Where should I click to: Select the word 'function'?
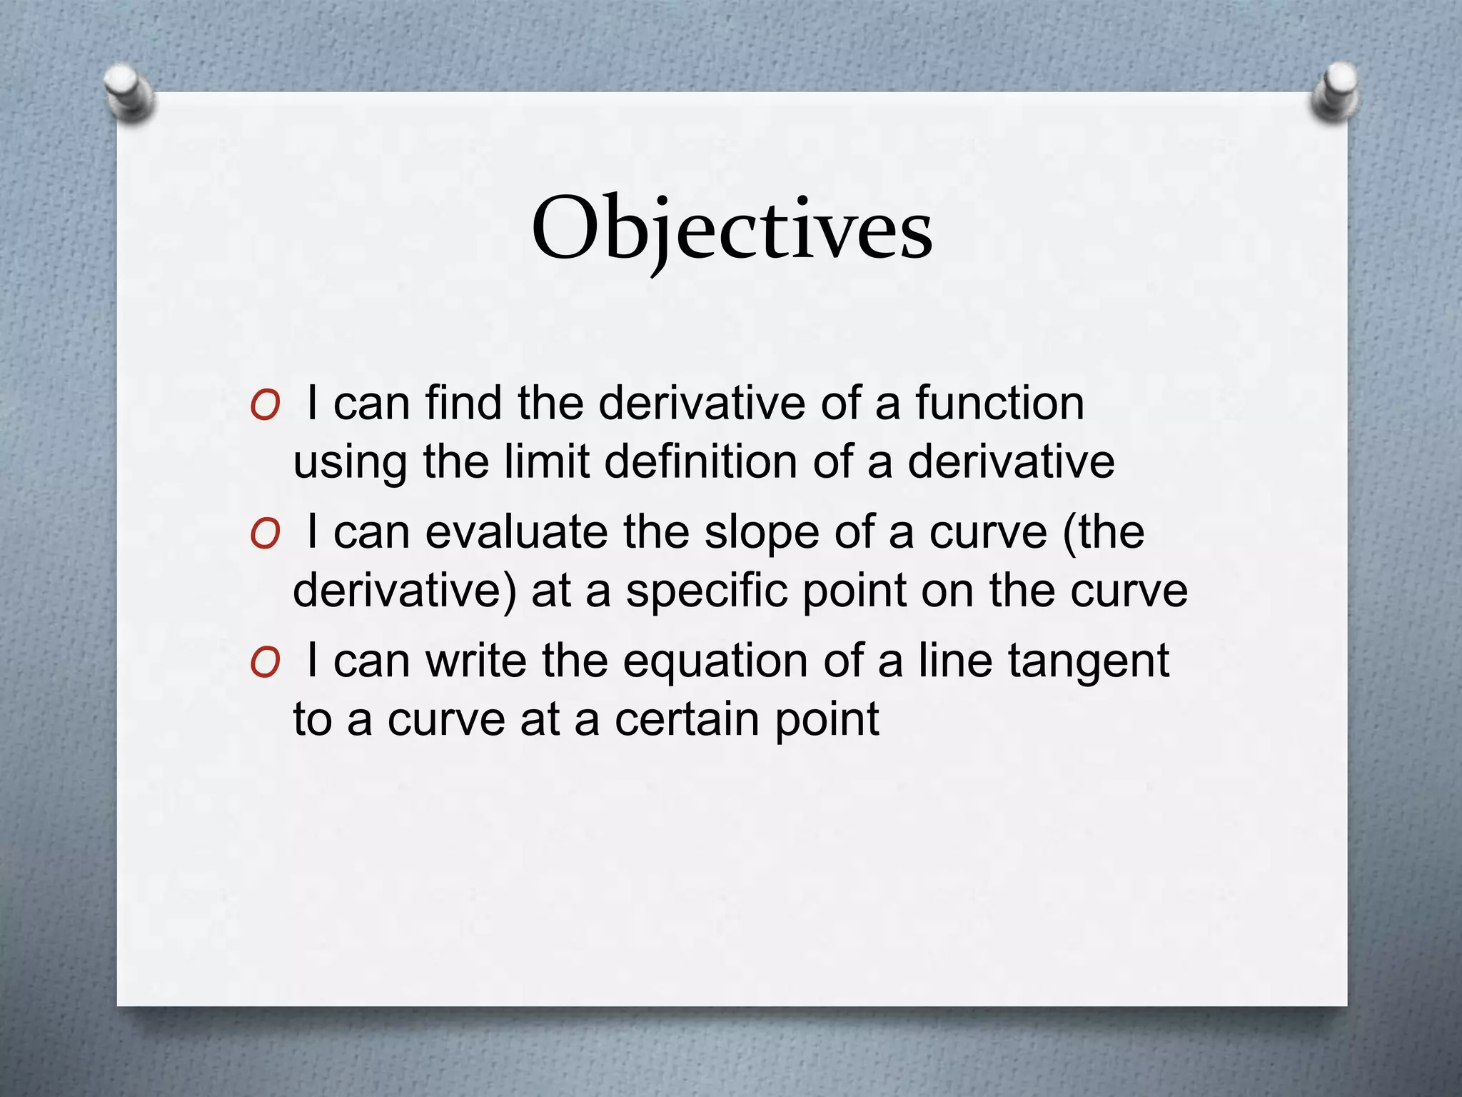999,403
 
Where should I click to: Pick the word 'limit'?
546,461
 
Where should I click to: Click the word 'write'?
476,661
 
